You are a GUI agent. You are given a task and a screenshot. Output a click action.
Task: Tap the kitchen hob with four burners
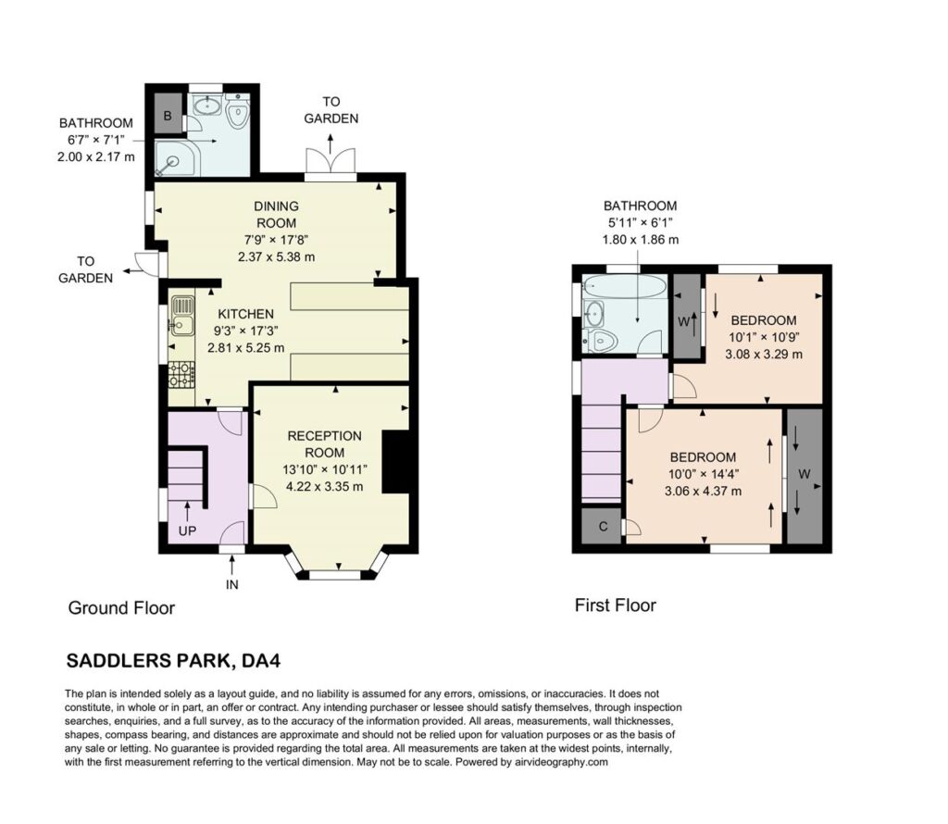click(x=182, y=374)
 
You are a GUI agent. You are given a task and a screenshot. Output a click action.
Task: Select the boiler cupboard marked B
click(x=168, y=114)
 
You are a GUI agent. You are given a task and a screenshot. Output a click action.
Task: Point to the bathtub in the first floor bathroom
click(x=625, y=286)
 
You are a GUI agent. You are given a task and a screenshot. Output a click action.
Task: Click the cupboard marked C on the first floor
click(x=603, y=526)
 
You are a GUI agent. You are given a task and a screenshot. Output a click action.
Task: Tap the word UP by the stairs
click(x=187, y=531)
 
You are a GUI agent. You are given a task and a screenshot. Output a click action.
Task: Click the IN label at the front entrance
click(x=232, y=584)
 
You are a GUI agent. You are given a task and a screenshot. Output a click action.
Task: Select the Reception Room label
click(x=325, y=444)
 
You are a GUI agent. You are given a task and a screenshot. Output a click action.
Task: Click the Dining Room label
click(x=276, y=215)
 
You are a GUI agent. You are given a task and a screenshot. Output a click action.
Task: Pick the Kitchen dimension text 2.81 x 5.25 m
click(x=245, y=348)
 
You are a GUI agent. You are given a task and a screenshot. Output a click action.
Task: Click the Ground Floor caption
click(x=121, y=607)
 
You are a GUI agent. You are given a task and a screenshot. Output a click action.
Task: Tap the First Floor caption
click(x=616, y=606)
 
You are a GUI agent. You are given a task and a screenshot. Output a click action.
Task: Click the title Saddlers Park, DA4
click(x=173, y=661)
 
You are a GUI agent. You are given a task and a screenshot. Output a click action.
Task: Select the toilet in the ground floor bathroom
click(x=238, y=110)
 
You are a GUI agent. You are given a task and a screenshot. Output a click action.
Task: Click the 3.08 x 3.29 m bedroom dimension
click(x=764, y=355)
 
